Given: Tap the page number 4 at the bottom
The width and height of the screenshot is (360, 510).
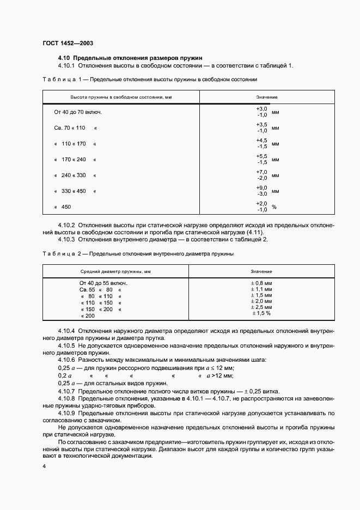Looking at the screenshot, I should click(x=44, y=467).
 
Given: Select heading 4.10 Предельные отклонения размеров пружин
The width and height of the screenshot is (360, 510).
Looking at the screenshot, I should click(x=130, y=57).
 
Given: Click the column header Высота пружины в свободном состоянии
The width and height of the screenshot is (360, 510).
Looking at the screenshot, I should click(x=121, y=97).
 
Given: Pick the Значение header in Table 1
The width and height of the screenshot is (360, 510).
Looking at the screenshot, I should click(x=267, y=97).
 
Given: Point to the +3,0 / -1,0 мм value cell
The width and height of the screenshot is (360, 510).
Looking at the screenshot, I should click(x=266, y=112).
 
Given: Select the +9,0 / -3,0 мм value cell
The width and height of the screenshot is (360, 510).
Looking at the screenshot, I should click(x=266, y=191).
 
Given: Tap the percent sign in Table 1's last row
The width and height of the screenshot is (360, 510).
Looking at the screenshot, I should click(x=274, y=207).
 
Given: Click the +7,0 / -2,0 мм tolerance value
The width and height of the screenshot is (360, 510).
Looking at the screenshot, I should click(x=266, y=175).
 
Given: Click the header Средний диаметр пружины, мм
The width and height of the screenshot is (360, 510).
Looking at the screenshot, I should click(x=115, y=271).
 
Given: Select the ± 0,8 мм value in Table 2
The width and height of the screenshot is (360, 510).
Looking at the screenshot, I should click(x=261, y=283).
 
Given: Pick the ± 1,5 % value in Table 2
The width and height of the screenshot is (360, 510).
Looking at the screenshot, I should click(x=261, y=314).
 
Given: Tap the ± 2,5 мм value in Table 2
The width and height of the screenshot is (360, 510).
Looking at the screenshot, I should click(x=261, y=308).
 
